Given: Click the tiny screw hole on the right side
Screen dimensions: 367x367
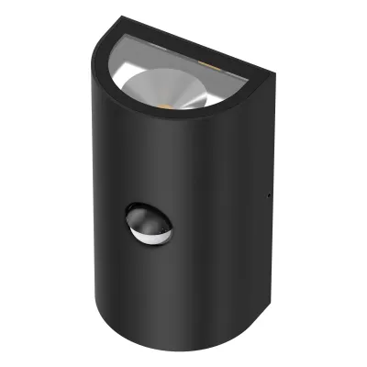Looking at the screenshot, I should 267,194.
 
